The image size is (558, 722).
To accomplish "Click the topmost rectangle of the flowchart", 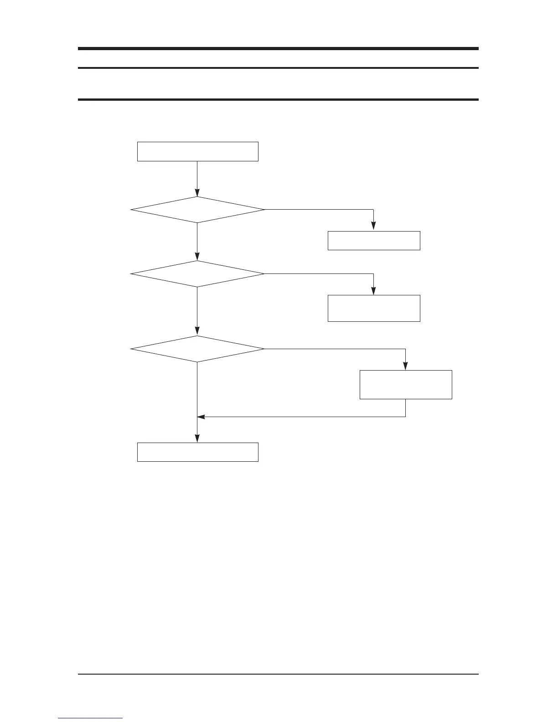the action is [x=197, y=151].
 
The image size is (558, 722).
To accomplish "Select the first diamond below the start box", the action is [x=197, y=210].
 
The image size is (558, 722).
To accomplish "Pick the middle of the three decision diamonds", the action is [x=197, y=274].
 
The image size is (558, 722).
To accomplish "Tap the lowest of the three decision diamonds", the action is [x=197, y=349].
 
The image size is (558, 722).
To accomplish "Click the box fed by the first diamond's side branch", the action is [x=374, y=241].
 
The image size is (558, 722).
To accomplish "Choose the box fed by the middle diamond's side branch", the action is [x=374, y=308].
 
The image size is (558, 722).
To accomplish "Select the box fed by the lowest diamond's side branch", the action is [x=406, y=385].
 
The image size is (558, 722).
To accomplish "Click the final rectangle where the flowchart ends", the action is [x=197, y=452].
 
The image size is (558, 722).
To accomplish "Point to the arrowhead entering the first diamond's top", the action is [x=197, y=193].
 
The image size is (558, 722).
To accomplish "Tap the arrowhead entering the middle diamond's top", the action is [x=197, y=257].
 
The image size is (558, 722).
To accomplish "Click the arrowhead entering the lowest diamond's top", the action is [x=197, y=332].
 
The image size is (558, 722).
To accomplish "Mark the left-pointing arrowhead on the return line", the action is [x=201, y=417].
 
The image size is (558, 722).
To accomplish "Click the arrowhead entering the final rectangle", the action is [x=197, y=439].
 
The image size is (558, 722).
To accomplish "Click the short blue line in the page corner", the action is [x=90, y=718].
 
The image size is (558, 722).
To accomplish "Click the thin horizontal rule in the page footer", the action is [x=278, y=674].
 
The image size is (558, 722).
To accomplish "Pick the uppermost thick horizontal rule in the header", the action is [x=278, y=48].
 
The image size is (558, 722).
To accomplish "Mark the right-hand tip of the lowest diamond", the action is [x=263, y=349].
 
